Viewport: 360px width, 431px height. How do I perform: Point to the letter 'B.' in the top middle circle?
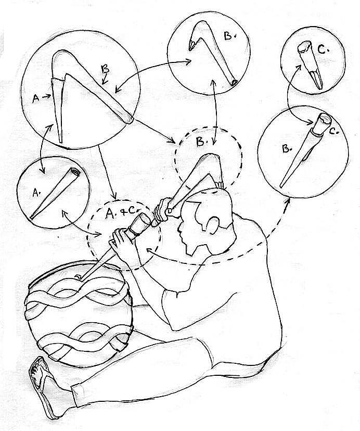click(x=228, y=36)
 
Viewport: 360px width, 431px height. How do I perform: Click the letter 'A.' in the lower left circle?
click(x=36, y=194)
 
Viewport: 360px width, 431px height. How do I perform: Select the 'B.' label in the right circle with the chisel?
click(x=287, y=149)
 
